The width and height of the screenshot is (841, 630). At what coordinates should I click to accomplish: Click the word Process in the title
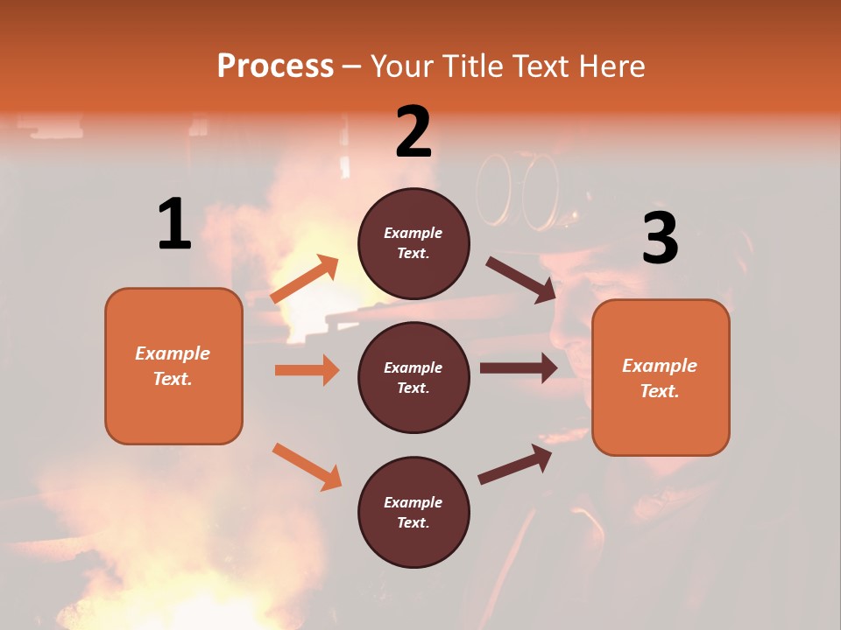point(275,66)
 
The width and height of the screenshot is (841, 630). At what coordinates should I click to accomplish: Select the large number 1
point(174,224)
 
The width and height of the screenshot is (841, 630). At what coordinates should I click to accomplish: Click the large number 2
point(413,132)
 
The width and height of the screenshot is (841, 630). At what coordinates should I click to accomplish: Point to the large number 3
point(660,238)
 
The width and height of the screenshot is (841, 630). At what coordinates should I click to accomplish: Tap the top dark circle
point(413,243)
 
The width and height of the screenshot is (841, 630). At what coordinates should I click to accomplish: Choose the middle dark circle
point(413,377)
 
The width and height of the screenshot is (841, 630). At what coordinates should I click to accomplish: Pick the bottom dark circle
point(413,512)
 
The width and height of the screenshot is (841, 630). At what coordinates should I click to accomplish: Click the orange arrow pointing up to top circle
point(305,279)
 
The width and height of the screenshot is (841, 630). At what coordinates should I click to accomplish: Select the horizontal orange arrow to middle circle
point(307,370)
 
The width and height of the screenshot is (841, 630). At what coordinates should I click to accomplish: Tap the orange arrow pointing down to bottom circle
point(307,466)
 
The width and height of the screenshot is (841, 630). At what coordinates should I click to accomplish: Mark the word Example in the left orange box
point(173,353)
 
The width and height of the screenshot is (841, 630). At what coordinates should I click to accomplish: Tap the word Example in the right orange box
point(660,366)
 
